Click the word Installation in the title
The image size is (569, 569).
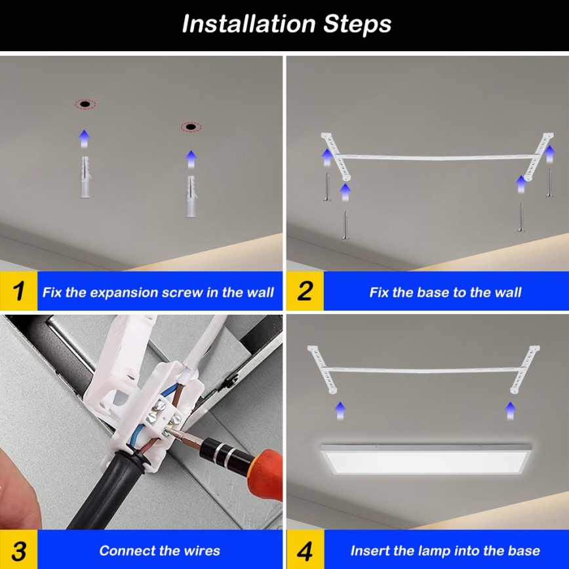coord(249,24)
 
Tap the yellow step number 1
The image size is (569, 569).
coord(19,291)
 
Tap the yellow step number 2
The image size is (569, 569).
coord(305,291)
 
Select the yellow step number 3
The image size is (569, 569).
coord(19,550)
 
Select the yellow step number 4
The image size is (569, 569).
coord(305,550)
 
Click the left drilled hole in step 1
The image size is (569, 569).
coord(85,104)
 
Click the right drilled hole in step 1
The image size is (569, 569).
coord(191,127)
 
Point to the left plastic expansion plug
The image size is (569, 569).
coord(84,178)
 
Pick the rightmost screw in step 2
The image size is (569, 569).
coord(549,183)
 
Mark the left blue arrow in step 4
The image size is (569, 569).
coord(340,410)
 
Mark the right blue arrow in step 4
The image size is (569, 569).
coord(510,410)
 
